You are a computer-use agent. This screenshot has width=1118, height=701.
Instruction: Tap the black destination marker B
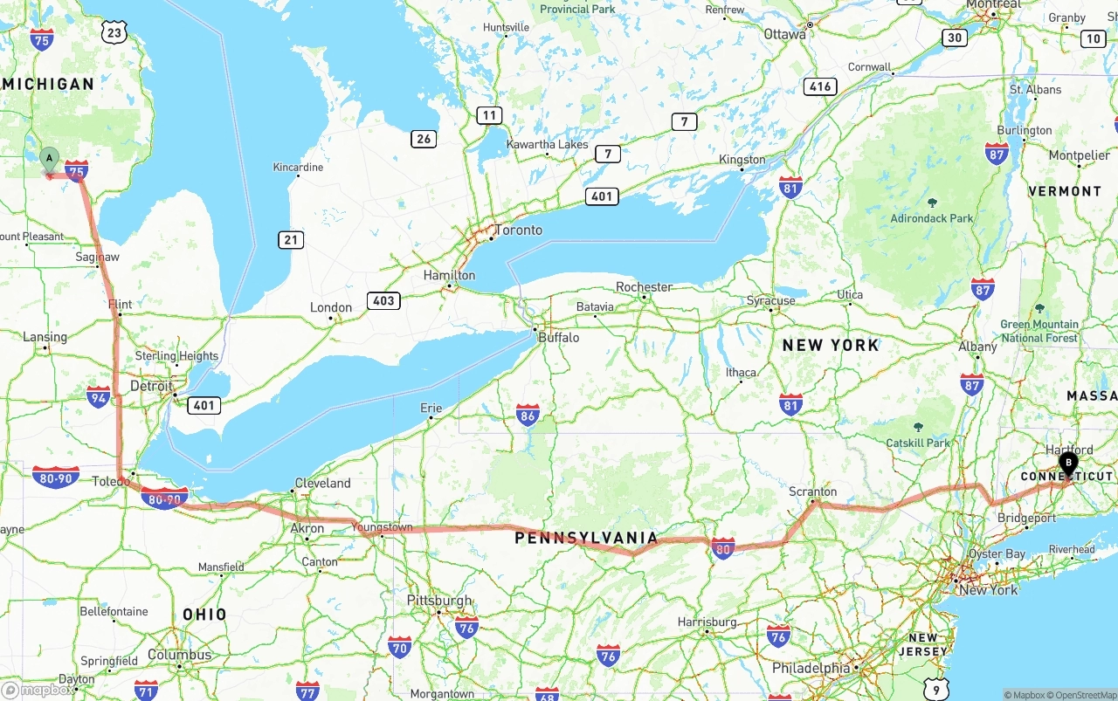click(1067, 463)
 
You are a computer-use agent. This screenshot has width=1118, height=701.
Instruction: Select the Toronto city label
click(518, 230)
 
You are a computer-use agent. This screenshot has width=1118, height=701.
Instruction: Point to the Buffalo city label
click(558, 337)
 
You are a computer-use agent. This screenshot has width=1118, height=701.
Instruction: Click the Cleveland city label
click(322, 483)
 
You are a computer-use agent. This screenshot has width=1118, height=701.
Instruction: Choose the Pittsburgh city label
click(439, 601)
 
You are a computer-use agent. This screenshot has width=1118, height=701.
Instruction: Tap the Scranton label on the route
click(812, 491)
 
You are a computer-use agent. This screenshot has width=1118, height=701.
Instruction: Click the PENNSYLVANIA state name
click(585, 537)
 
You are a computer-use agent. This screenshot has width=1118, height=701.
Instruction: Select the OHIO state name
click(204, 615)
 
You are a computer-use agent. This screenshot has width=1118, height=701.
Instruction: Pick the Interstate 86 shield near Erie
click(528, 415)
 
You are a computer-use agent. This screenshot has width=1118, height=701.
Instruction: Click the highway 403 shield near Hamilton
click(383, 300)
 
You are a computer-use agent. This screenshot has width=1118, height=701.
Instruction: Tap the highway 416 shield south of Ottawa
click(820, 86)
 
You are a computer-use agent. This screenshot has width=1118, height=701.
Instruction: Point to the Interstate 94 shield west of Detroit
click(99, 398)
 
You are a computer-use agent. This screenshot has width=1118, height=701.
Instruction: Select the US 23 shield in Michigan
click(114, 32)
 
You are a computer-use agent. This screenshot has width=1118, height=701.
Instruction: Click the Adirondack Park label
click(931, 218)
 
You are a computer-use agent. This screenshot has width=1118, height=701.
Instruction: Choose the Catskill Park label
click(918, 443)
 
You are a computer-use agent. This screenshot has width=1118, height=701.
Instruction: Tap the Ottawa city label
click(784, 34)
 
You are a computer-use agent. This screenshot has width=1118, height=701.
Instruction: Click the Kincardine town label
click(298, 167)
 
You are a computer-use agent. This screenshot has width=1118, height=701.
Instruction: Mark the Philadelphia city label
click(811, 668)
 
